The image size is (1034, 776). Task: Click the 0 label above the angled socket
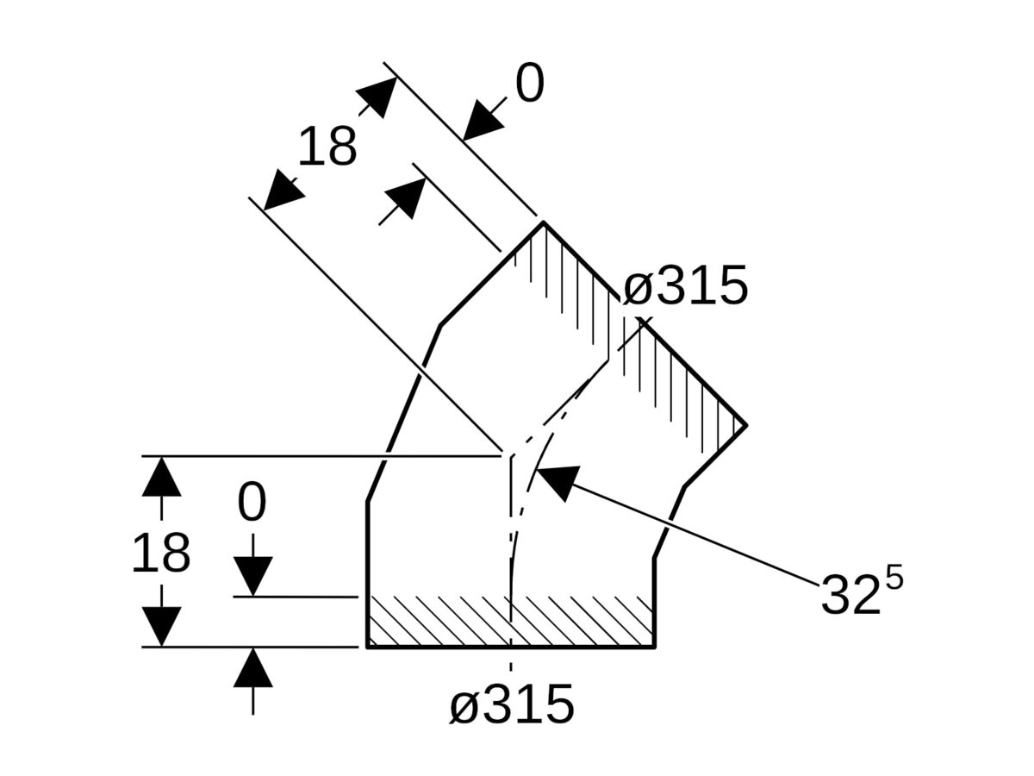[x=530, y=84]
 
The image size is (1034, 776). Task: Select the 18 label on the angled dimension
[x=327, y=147]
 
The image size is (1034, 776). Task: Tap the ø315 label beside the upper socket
[x=685, y=286]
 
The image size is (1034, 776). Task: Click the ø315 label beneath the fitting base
[x=511, y=704]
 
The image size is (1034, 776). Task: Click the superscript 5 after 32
[x=894, y=578]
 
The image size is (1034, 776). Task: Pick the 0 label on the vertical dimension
[x=252, y=504]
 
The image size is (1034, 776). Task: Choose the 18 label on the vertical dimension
[x=160, y=554]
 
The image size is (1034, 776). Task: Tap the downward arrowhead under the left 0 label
[x=252, y=576]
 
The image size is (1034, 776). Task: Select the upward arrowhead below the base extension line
[x=252, y=668]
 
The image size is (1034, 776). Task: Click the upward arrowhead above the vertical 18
[x=161, y=477]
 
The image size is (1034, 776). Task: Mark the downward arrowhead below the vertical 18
[x=161, y=626]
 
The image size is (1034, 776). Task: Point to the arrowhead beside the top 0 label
[x=482, y=120]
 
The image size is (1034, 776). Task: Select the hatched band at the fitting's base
[x=510, y=621]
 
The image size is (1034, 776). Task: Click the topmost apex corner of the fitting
[x=543, y=222]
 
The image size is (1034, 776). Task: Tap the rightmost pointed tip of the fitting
[x=745, y=424]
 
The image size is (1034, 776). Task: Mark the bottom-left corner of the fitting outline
[x=368, y=646]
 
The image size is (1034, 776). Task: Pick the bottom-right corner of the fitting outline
[x=654, y=646]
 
